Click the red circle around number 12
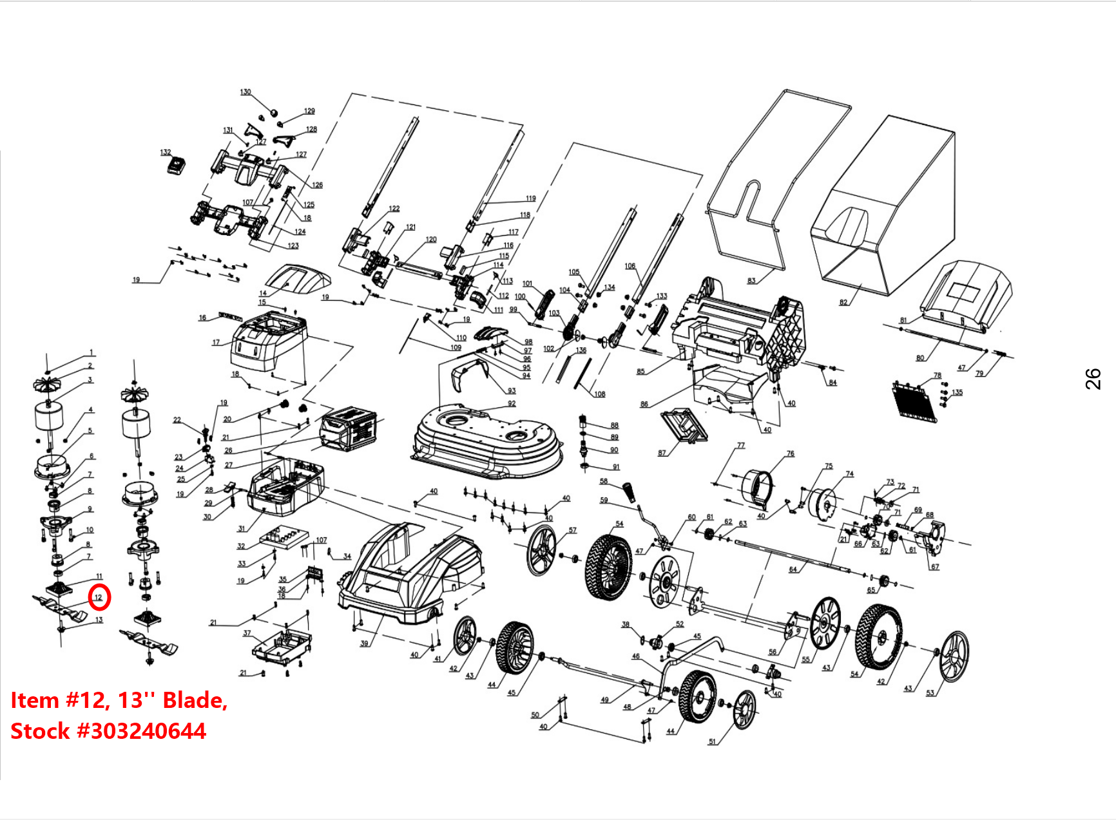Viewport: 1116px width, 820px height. pyautogui.click(x=99, y=597)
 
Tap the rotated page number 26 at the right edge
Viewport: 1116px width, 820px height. pyautogui.click(x=1093, y=379)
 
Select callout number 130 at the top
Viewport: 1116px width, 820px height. pyautogui.click(x=245, y=92)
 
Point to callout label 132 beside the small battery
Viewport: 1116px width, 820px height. pyautogui.click(x=166, y=153)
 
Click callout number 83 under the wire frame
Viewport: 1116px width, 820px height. pyautogui.click(x=751, y=281)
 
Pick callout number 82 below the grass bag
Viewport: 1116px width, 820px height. pyautogui.click(x=843, y=302)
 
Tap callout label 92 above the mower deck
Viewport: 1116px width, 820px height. pyautogui.click(x=512, y=404)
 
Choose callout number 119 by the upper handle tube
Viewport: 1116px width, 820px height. pyautogui.click(x=530, y=198)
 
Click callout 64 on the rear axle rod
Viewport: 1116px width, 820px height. pyautogui.click(x=793, y=569)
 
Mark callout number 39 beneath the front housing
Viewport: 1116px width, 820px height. pyautogui.click(x=364, y=644)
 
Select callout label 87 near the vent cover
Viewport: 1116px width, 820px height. pyautogui.click(x=662, y=453)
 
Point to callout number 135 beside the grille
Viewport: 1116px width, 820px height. pyautogui.click(x=957, y=392)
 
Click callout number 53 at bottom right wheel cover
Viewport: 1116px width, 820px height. pyautogui.click(x=930, y=693)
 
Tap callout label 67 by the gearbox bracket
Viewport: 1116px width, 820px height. pyautogui.click(x=935, y=567)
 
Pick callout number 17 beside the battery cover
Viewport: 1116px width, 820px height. pyautogui.click(x=216, y=343)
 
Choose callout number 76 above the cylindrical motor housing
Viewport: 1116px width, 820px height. pyautogui.click(x=791, y=453)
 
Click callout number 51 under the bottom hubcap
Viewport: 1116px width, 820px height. pyautogui.click(x=712, y=741)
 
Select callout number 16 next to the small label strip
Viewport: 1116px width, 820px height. pyautogui.click(x=202, y=318)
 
